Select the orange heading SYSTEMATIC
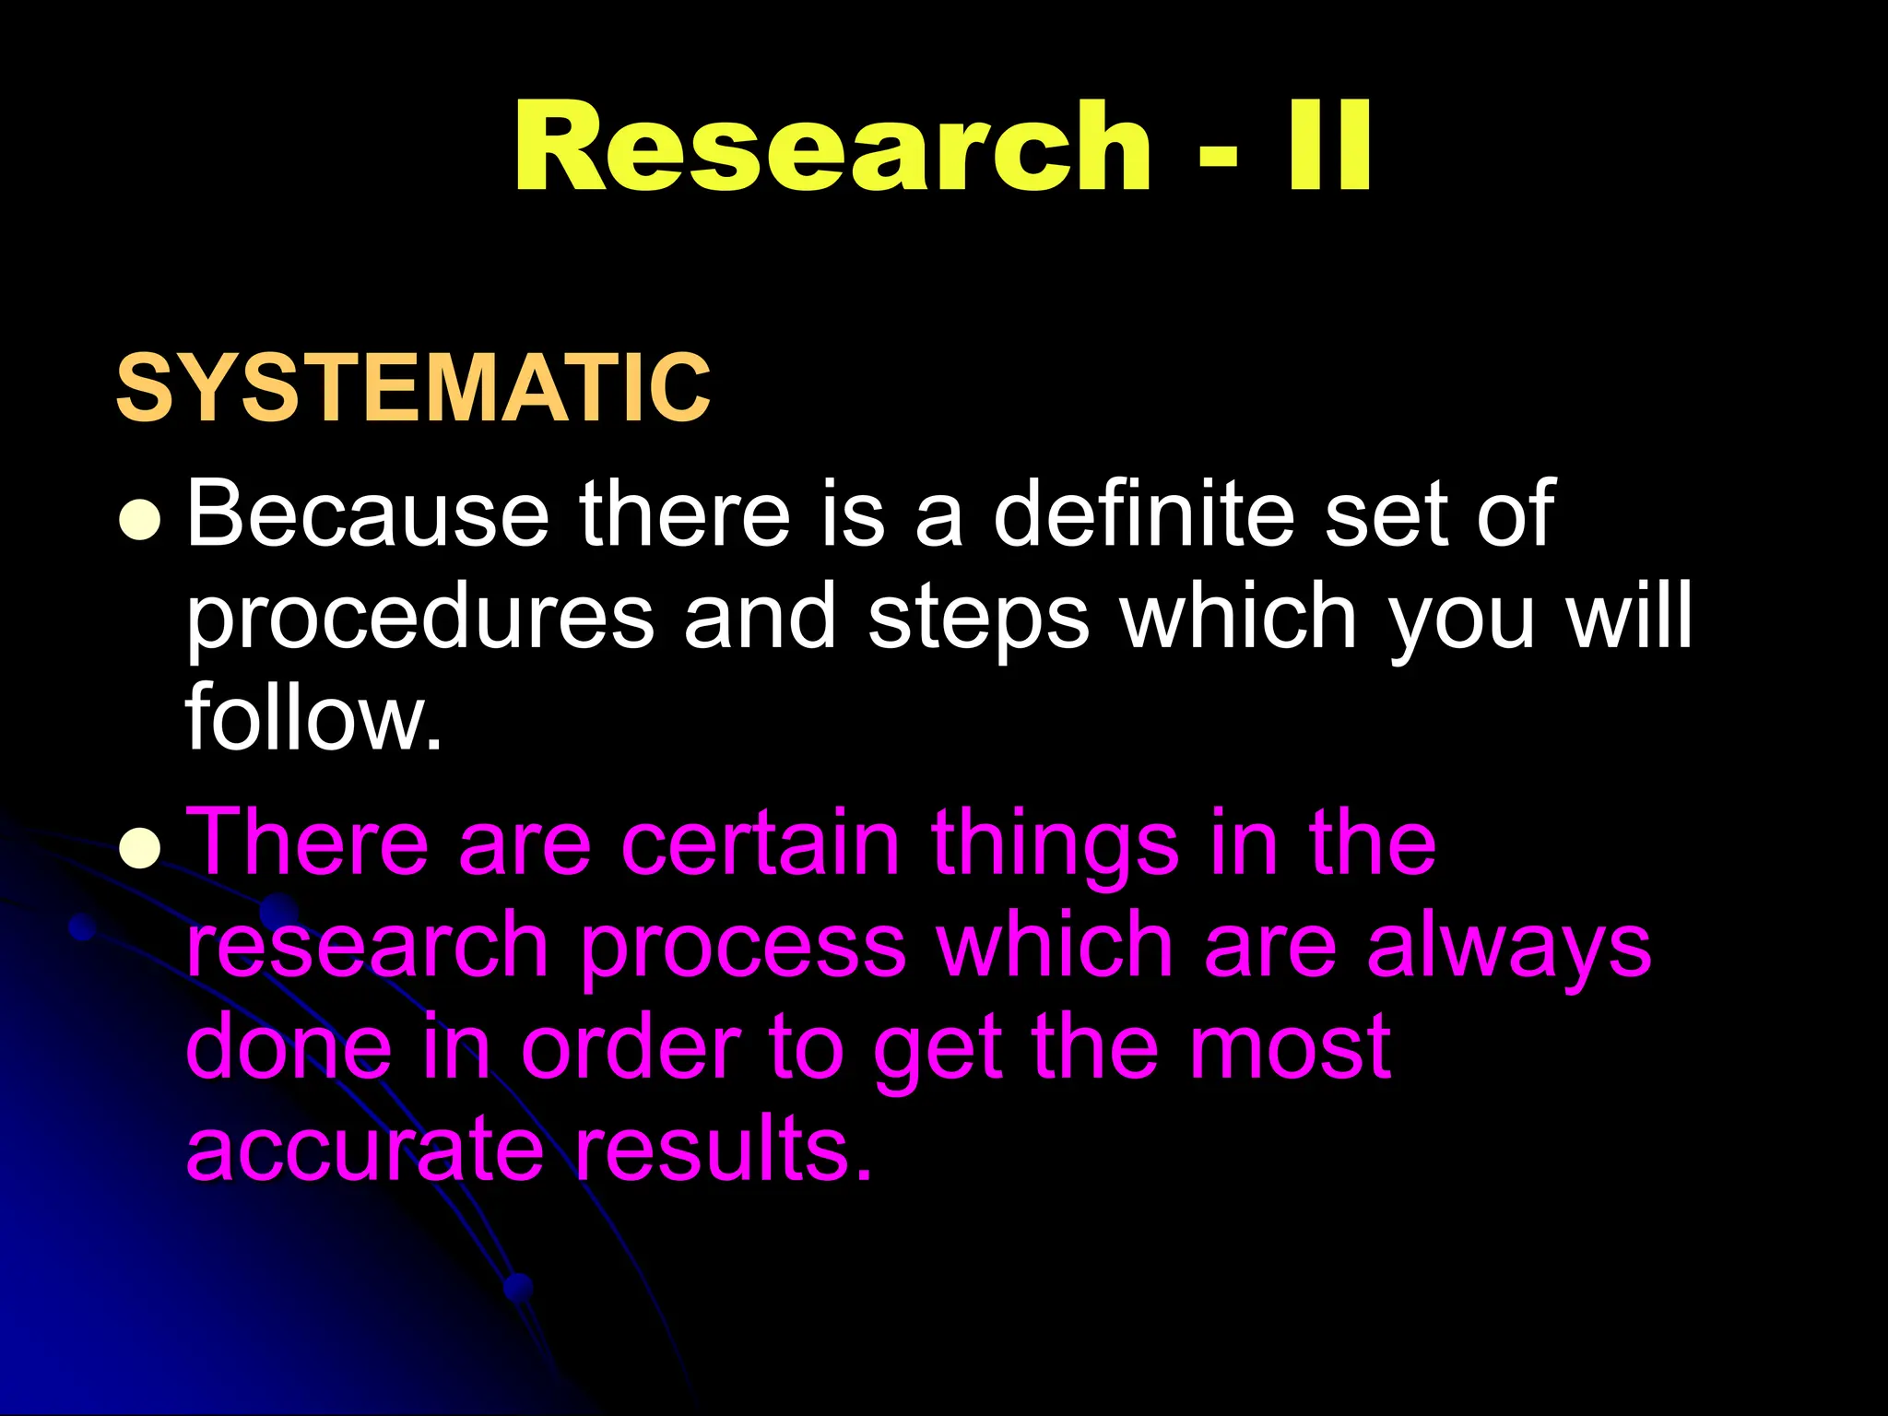413,388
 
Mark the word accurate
365,1149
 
